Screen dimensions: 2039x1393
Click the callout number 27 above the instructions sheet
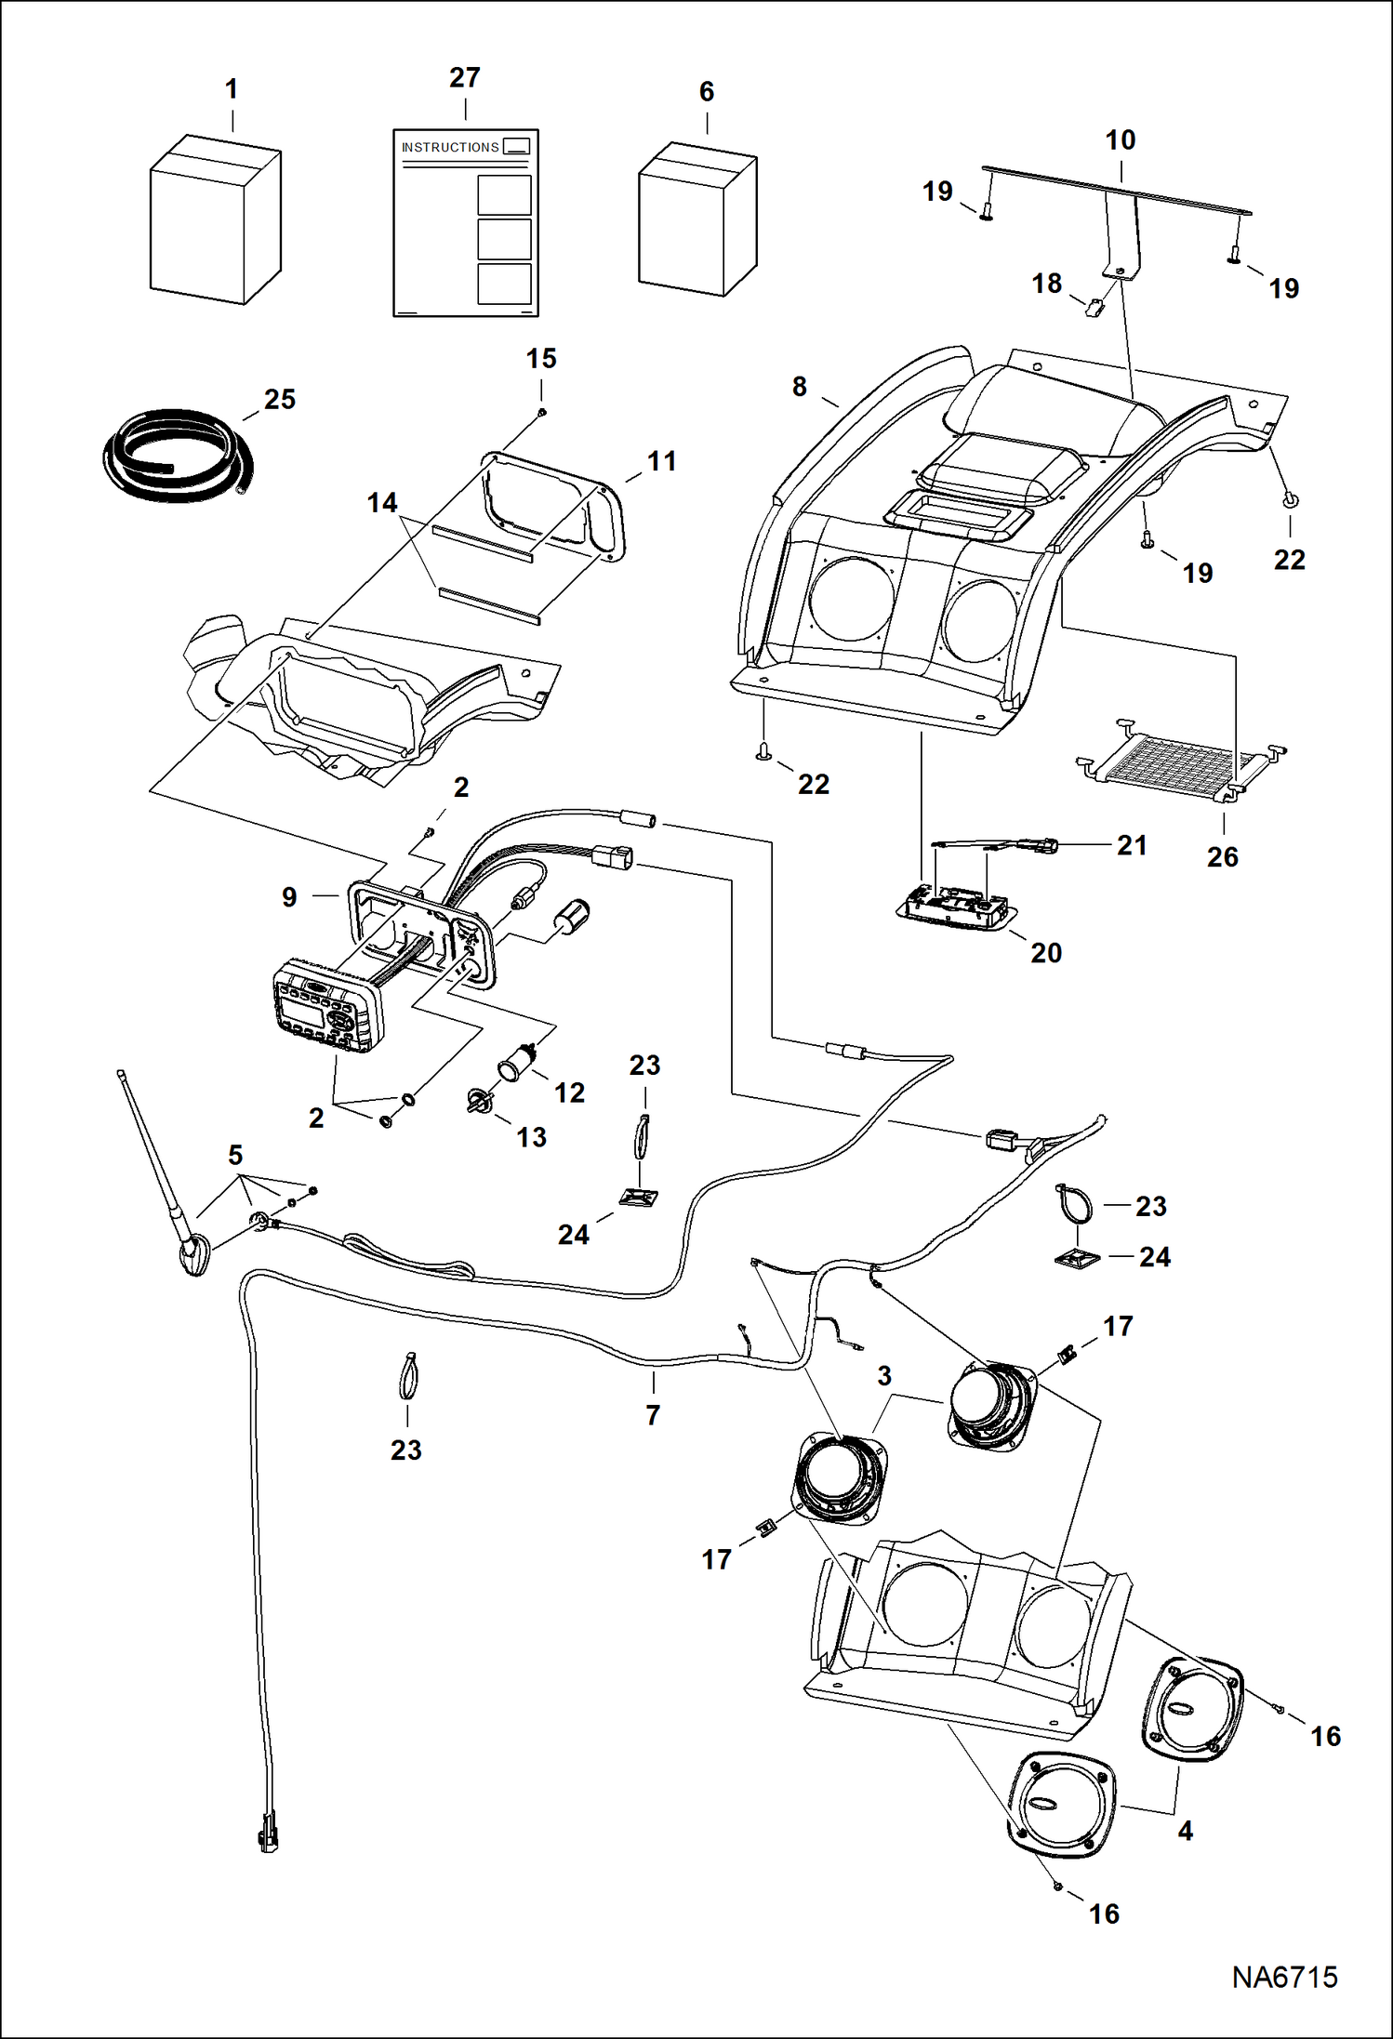[x=464, y=78]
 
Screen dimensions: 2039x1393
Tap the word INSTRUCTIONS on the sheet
[x=450, y=148]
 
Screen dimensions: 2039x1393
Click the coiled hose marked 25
[x=176, y=457]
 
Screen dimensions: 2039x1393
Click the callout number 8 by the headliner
[x=799, y=387]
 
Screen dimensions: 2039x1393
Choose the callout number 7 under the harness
[x=653, y=1415]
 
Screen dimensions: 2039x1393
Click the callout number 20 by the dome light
[x=1045, y=953]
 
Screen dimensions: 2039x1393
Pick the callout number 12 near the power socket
[x=569, y=1092]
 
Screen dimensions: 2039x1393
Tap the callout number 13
[x=531, y=1137]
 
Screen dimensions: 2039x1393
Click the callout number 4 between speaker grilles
[x=1185, y=1831]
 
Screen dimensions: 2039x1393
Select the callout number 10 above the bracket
[x=1120, y=140]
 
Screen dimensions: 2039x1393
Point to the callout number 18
[x=1046, y=284]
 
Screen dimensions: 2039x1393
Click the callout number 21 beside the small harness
[x=1131, y=845]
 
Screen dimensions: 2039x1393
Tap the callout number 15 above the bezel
[x=541, y=359]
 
